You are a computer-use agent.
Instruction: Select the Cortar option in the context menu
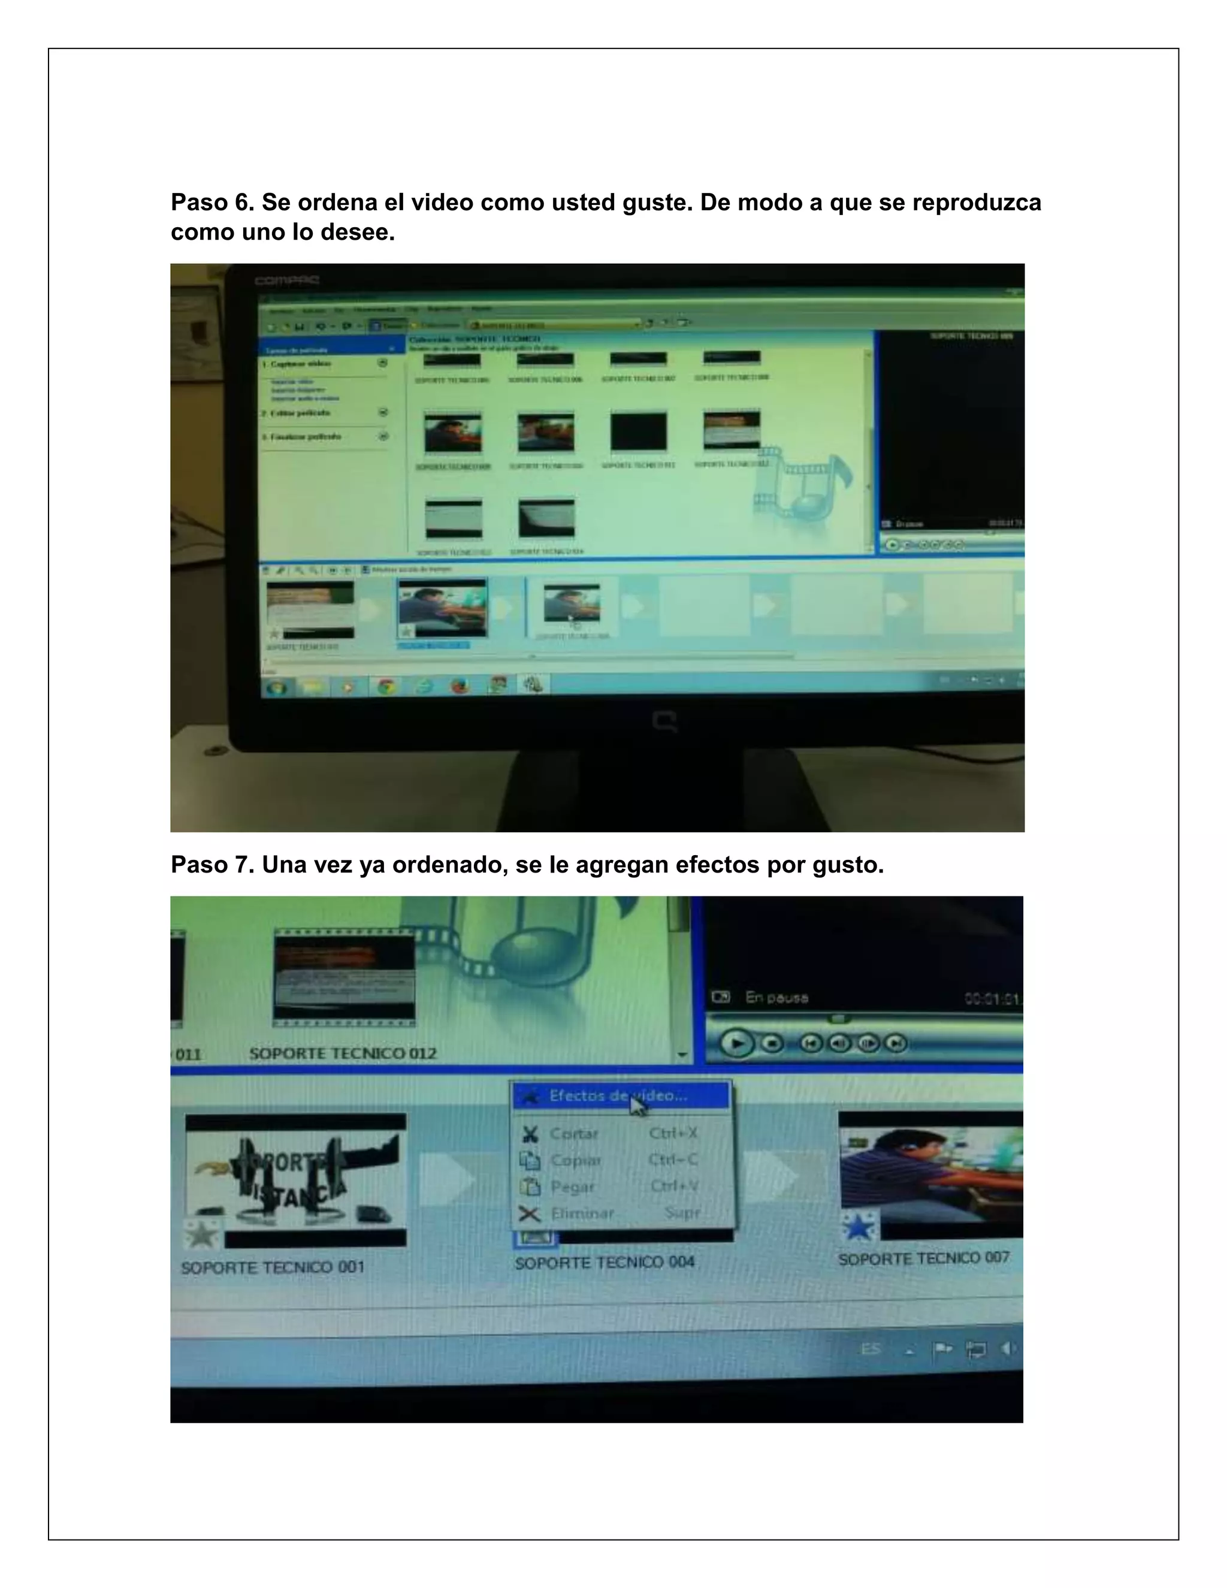[x=573, y=1134]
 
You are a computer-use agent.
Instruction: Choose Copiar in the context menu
[x=575, y=1161]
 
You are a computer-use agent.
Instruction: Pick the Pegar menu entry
[x=572, y=1187]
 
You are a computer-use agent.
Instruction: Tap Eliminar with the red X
[x=582, y=1213]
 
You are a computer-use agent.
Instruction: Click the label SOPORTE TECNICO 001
[x=273, y=1268]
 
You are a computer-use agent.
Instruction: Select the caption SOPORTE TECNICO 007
[x=923, y=1258]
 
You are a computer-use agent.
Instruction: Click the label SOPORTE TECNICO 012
[x=342, y=1053]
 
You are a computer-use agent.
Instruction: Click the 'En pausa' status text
[x=776, y=998]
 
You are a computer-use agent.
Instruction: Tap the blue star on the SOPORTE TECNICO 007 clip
[x=859, y=1227]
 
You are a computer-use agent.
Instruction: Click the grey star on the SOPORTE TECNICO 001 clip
[x=201, y=1234]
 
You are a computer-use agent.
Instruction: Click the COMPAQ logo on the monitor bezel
[x=286, y=280]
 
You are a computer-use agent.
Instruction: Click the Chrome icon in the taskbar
[x=386, y=686]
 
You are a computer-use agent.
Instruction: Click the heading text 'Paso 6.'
[x=212, y=202]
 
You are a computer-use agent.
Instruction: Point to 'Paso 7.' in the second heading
[x=212, y=865]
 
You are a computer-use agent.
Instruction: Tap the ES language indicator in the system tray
[x=870, y=1350]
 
